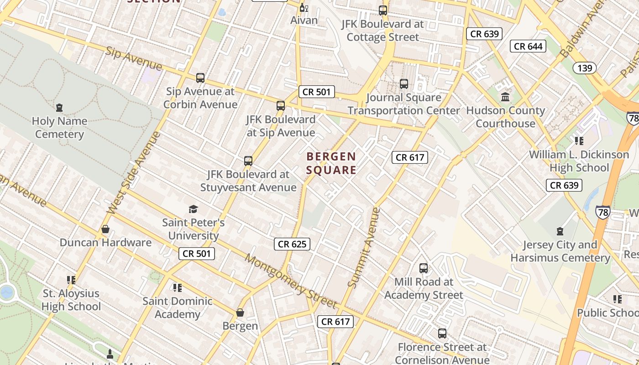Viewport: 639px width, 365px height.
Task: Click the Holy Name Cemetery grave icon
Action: pos(59,108)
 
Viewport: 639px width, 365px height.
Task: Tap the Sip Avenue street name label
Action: pos(133,58)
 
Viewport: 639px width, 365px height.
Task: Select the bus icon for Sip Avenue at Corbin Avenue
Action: pos(200,78)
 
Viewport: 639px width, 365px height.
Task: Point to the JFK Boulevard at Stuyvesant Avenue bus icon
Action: pos(248,161)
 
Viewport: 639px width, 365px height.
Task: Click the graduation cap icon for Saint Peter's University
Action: pos(194,209)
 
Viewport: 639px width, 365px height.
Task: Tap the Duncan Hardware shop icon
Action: pos(105,229)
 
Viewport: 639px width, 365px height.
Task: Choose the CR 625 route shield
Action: pos(292,244)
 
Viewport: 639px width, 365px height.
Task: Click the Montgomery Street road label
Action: pos(291,281)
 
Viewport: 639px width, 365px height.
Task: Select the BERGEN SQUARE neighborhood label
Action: pos(331,163)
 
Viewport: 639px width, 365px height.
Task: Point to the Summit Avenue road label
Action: pos(363,248)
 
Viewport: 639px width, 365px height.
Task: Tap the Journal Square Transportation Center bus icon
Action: pos(404,84)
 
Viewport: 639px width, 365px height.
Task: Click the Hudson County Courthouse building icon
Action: pos(505,97)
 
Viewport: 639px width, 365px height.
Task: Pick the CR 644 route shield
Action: pos(528,46)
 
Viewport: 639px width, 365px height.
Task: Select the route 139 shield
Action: pos(584,68)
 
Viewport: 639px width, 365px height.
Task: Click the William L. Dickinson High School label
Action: pos(579,161)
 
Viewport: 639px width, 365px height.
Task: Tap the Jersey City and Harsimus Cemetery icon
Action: pos(560,231)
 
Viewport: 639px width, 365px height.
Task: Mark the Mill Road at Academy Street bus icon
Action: pos(424,268)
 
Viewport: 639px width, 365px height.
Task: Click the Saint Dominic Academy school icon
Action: pos(177,288)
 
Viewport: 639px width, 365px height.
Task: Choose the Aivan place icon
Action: pos(304,8)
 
